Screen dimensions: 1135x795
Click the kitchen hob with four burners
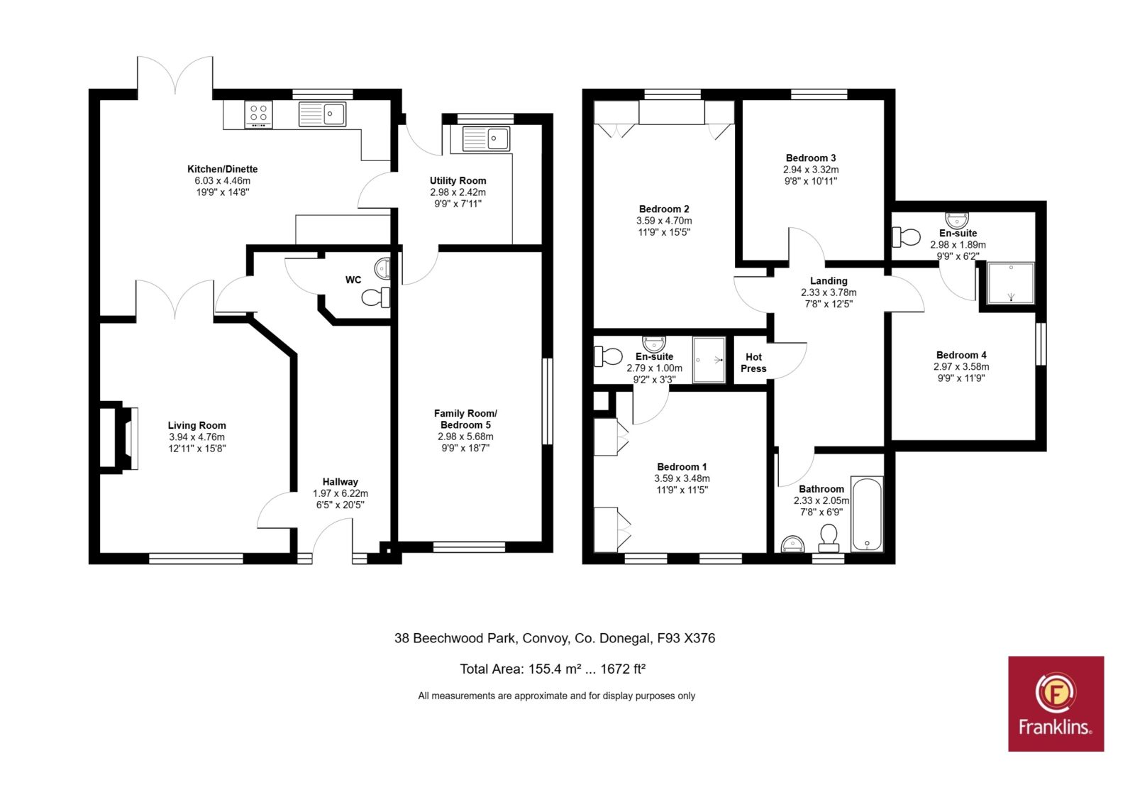click(x=258, y=114)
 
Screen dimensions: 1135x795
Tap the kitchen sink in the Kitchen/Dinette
click(x=322, y=114)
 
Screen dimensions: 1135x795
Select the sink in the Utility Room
click(x=487, y=139)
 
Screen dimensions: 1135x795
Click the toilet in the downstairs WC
click(x=377, y=297)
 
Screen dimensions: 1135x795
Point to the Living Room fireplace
click(x=118, y=437)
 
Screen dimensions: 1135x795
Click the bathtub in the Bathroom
click(x=867, y=514)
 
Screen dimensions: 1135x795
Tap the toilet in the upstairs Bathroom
click(x=829, y=539)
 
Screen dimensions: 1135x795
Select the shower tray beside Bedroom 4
click(x=1011, y=283)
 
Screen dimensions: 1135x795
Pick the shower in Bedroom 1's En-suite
click(x=709, y=360)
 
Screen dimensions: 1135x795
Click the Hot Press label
click(x=753, y=363)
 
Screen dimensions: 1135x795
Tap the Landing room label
click(x=829, y=280)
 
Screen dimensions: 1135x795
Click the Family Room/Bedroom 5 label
click(x=465, y=419)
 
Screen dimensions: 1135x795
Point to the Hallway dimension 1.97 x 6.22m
click(x=340, y=493)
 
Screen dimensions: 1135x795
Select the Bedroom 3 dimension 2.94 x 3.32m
click(x=811, y=170)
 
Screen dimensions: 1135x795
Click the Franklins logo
click(x=1056, y=703)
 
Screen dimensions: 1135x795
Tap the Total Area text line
click(x=553, y=669)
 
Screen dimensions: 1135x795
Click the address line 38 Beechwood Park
click(x=555, y=638)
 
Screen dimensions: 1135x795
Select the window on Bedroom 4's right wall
click(x=1041, y=344)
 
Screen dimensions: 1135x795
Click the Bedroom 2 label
click(x=664, y=209)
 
